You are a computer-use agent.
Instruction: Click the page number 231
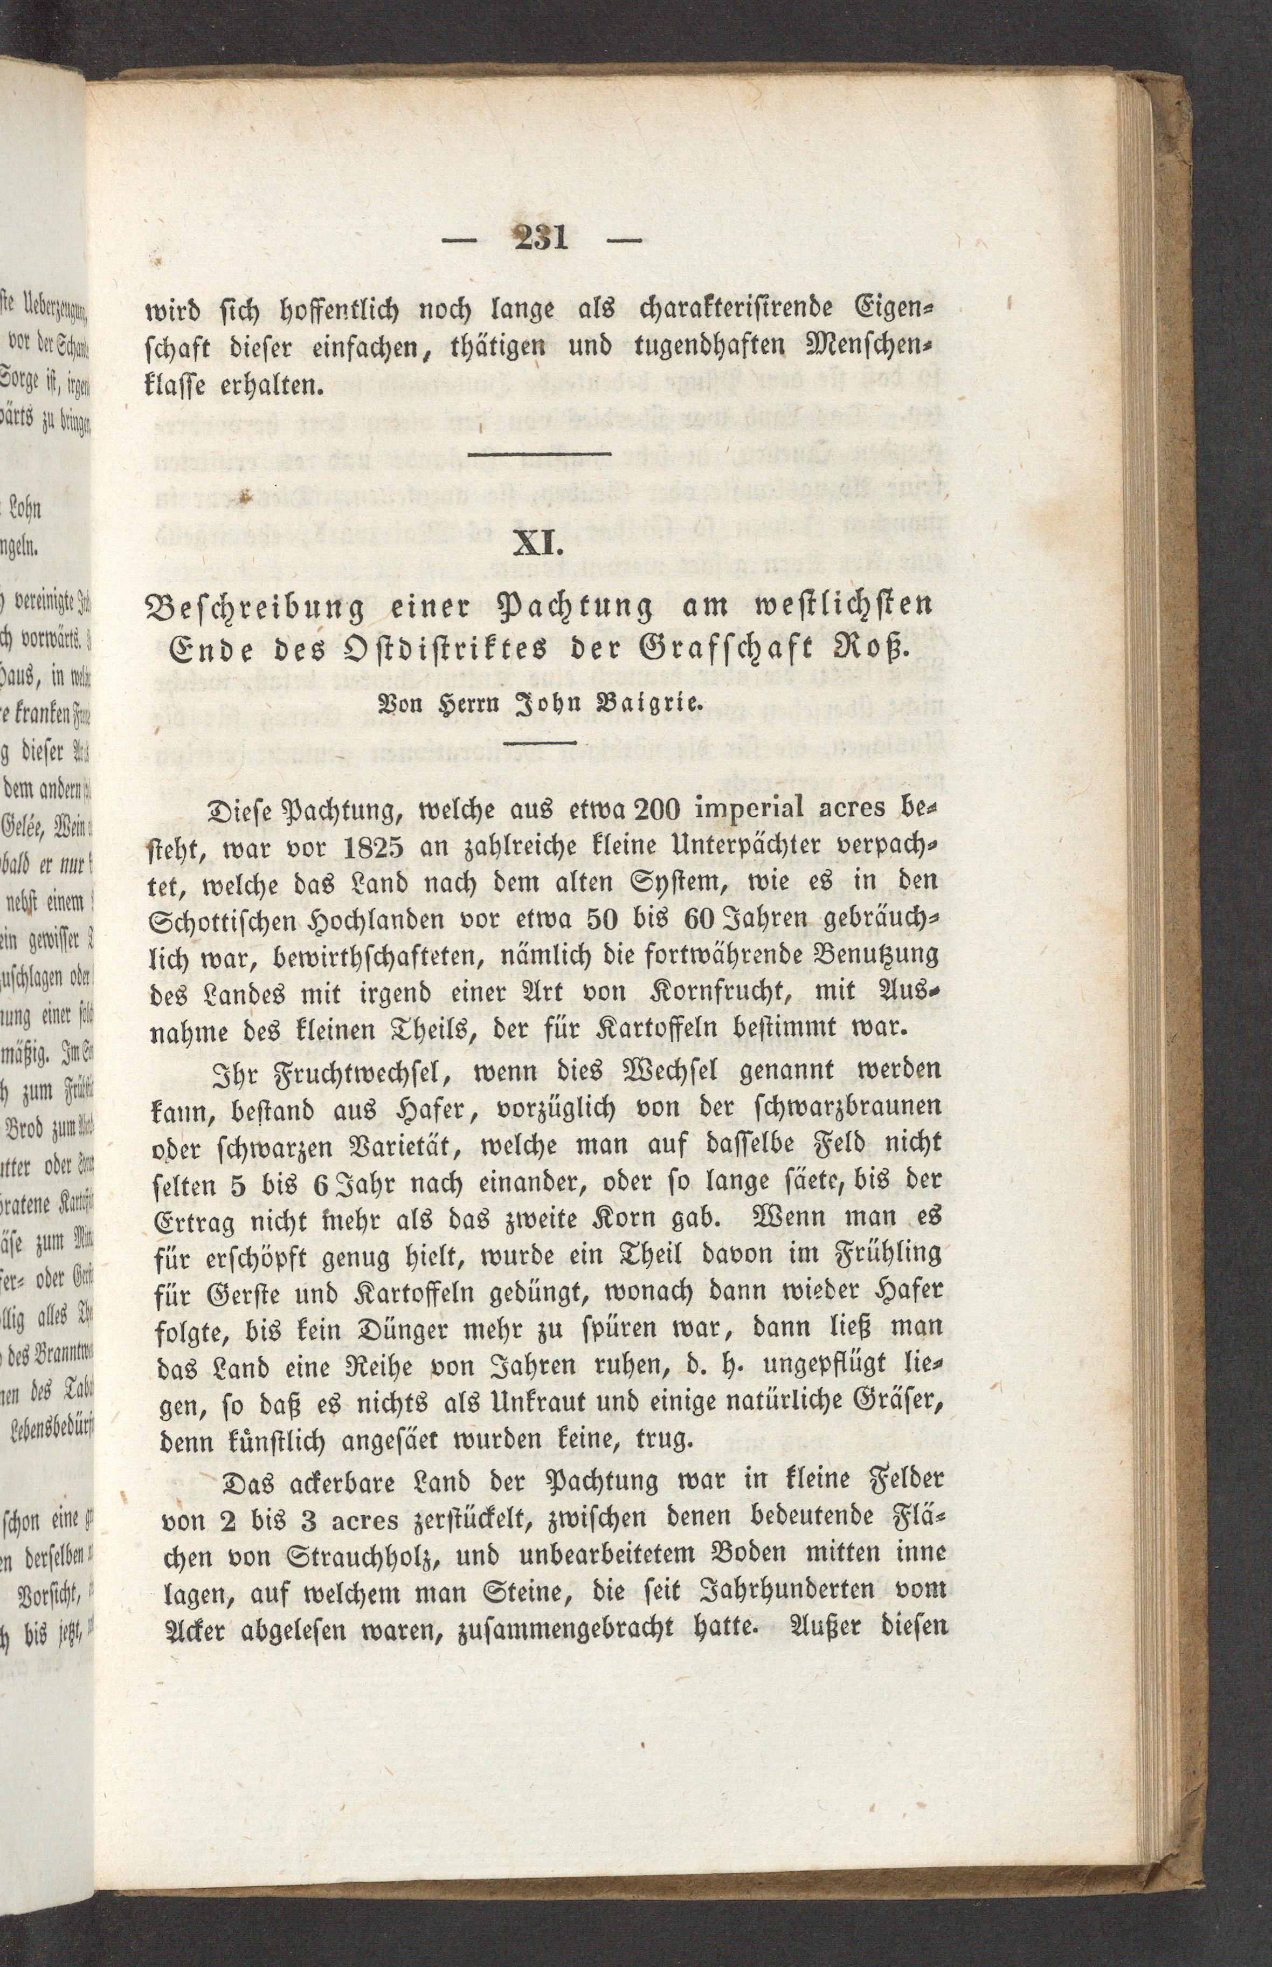coord(541,239)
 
